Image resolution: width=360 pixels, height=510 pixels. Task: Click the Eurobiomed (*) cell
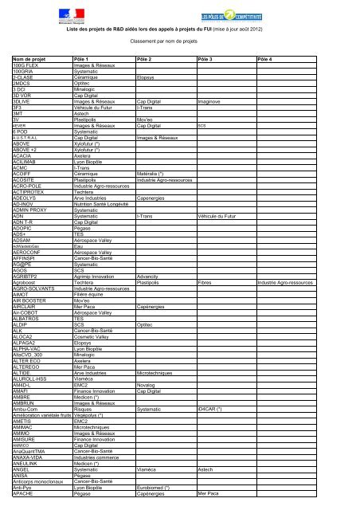click(158, 488)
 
